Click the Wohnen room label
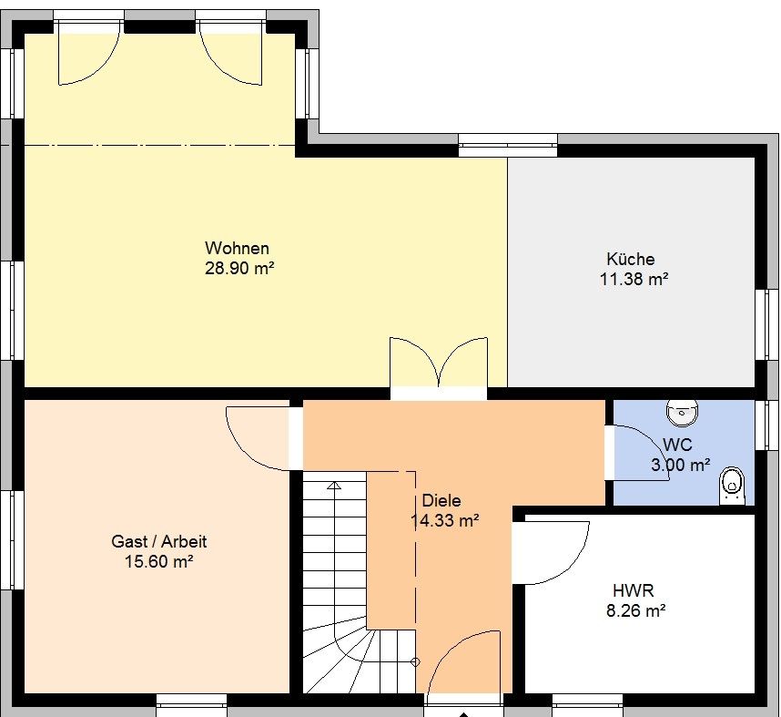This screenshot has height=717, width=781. click(237, 248)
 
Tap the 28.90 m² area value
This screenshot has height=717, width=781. click(239, 268)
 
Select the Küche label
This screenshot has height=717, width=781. click(631, 259)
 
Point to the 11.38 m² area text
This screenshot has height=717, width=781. click(634, 279)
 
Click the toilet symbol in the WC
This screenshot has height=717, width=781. click(732, 486)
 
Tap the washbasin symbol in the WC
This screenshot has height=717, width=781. click(682, 413)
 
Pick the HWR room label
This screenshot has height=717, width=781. click(633, 591)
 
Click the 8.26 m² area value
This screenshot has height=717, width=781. click(636, 610)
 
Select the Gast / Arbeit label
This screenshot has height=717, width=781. click(159, 541)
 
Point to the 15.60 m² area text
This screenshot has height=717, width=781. click(159, 561)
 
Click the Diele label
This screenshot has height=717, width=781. click(441, 500)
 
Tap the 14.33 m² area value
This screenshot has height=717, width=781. click(445, 520)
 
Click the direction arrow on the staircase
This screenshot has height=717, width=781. click(335, 486)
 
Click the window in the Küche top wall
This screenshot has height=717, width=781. click(508, 144)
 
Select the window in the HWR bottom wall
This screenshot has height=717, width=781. click(587, 703)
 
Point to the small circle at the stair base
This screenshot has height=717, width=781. click(415, 662)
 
